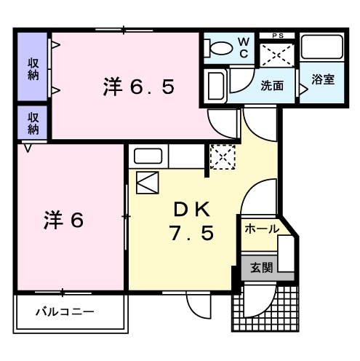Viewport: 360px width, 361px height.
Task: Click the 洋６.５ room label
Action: [x=138, y=88]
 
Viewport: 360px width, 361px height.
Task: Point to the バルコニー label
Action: [x=65, y=312]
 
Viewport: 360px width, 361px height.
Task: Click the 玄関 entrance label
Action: [x=262, y=267]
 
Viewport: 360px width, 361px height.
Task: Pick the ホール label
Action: [x=260, y=229]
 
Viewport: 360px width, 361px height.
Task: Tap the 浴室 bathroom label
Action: [x=324, y=79]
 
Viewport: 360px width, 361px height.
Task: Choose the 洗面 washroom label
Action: [x=272, y=85]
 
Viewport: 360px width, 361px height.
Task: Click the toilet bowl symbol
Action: [x=217, y=48]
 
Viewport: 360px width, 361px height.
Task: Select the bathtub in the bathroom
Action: [x=323, y=48]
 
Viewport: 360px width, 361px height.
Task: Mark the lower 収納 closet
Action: [x=33, y=122]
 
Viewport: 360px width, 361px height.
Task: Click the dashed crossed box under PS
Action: [x=277, y=53]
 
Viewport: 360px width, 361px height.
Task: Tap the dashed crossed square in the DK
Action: [x=220, y=156]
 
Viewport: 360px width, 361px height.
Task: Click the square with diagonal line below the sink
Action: [x=147, y=182]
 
